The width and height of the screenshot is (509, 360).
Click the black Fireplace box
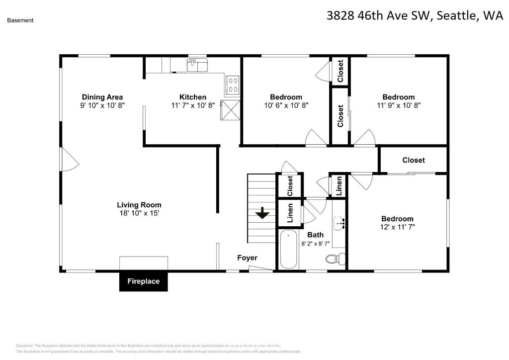click(143, 281)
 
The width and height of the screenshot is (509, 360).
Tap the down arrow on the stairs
click(262, 213)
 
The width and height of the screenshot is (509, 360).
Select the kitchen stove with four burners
click(232, 84)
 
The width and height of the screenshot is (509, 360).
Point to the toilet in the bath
click(336, 258)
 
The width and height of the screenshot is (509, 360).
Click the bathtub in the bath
click(288, 250)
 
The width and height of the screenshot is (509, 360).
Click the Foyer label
click(247, 258)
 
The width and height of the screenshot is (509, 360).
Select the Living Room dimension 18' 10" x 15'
click(139, 213)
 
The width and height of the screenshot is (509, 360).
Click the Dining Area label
click(102, 97)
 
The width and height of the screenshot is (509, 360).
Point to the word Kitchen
click(193, 97)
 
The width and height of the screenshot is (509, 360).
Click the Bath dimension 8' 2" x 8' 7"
click(315, 244)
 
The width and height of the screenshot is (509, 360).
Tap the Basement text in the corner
click(20, 20)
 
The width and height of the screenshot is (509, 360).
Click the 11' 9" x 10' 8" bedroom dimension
click(398, 105)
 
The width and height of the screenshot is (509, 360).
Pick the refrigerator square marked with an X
click(230, 110)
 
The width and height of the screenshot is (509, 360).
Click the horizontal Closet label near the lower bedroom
click(414, 160)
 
